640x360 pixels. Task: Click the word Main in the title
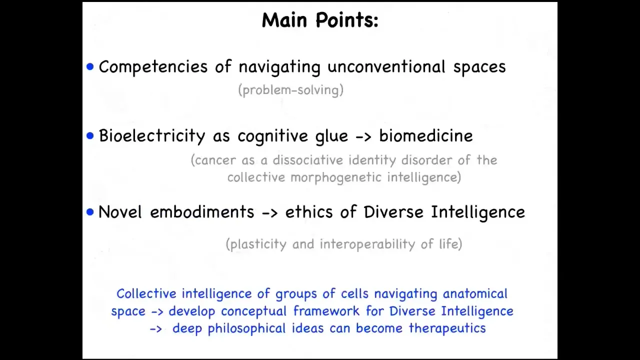pyautogui.click(x=284, y=20)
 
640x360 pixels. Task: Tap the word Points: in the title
pyautogui.click(x=347, y=20)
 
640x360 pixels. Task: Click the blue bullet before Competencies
pyautogui.click(x=90, y=67)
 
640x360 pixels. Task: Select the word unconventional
pyautogui.click(x=386, y=66)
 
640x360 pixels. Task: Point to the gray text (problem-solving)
pyautogui.click(x=291, y=90)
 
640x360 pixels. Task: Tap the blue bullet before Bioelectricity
pyautogui.click(x=90, y=135)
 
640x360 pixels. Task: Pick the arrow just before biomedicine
pyautogui.click(x=363, y=136)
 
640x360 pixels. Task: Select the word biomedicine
pyautogui.click(x=425, y=135)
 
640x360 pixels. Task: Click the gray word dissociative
pyautogui.click(x=307, y=160)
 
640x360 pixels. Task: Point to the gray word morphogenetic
pyautogui.click(x=336, y=177)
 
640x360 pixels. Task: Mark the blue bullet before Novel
pyautogui.click(x=90, y=212)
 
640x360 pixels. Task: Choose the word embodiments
pyautogui.click(x=202, y=212)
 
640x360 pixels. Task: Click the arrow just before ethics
pyautogui.click(x=269, y=213)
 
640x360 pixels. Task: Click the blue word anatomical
pyautogui.click(x=475, y=294)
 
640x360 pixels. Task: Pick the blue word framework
pyautogui.click(x=326, y=311)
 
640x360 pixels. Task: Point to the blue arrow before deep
pyautogui.click(x=156, y=329)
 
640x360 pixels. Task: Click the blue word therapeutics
pyautogui.click(x=447, y=328)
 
